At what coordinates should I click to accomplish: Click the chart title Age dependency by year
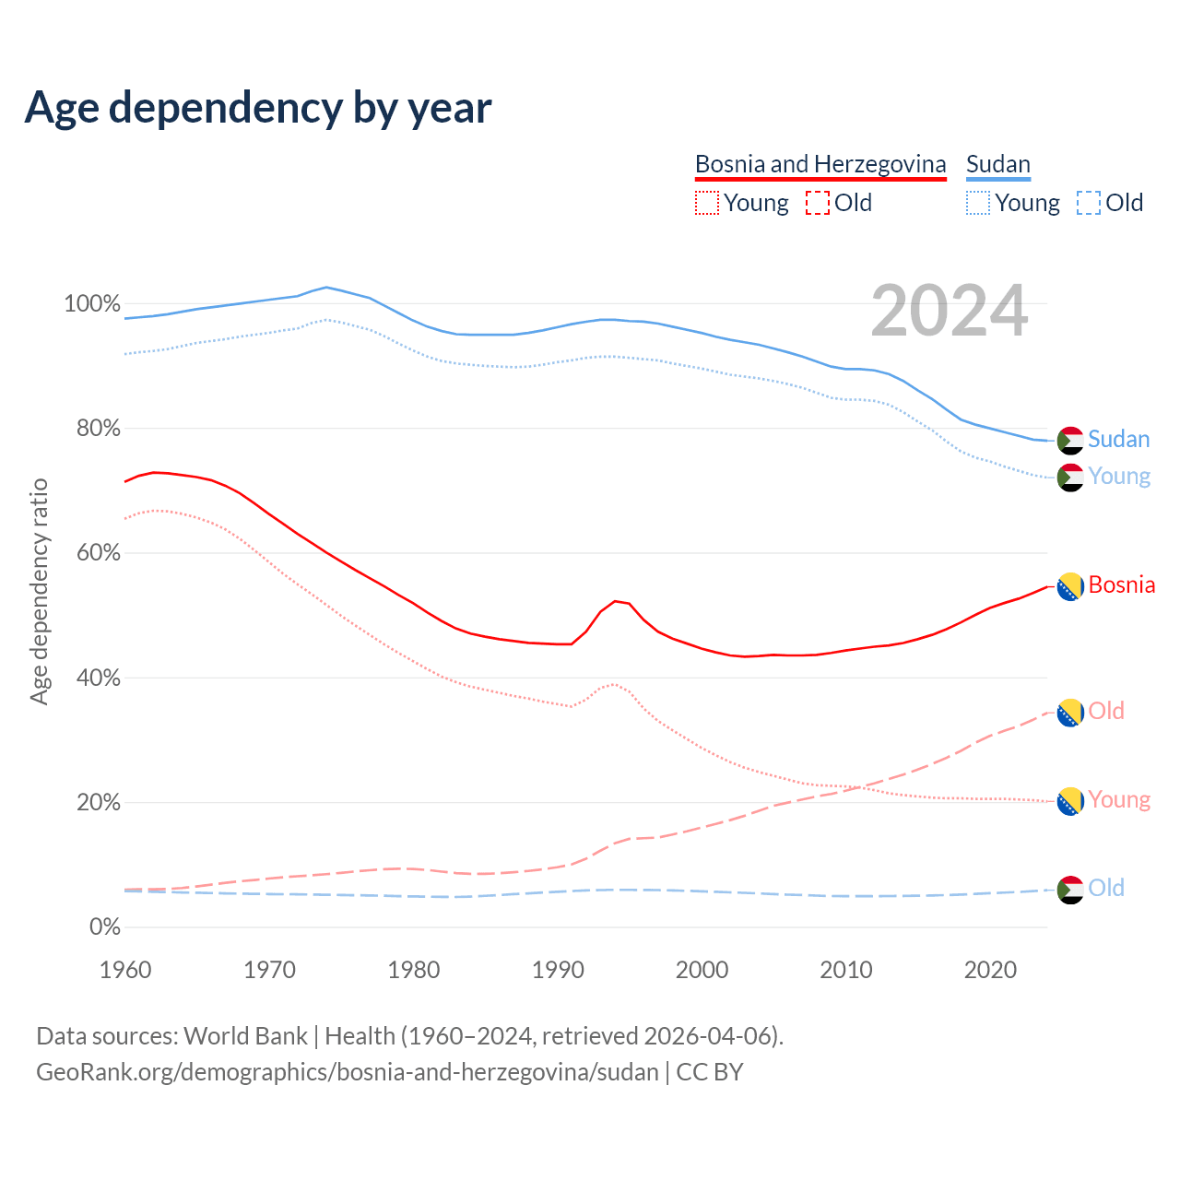(258, 108)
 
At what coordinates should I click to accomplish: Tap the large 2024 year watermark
(949, 312)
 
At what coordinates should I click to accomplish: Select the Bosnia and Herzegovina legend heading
(820, 164)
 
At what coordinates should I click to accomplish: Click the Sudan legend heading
(997, 164)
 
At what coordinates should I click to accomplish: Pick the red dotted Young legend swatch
(706, 203)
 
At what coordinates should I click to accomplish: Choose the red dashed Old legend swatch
(817, 203)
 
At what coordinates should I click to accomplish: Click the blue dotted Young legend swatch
(978, 203)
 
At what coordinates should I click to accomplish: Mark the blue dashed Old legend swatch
(1088, 203)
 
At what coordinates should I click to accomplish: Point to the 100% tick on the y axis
(91, 303)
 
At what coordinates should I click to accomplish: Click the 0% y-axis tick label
(104, 926)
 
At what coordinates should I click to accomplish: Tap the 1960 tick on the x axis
(125, 969)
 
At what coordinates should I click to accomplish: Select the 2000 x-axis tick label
(702, 969)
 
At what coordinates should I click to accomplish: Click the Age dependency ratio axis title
(39, 591)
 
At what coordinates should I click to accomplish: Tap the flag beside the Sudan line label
(1069, 441)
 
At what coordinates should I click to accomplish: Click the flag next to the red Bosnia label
(1069, 586)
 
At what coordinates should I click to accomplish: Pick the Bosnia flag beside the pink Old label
(1069, 713)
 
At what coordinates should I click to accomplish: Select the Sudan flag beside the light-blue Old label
(1069, 890)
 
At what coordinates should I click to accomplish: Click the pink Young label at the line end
(1119, 799)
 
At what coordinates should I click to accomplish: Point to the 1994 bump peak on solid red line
(615, 601)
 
